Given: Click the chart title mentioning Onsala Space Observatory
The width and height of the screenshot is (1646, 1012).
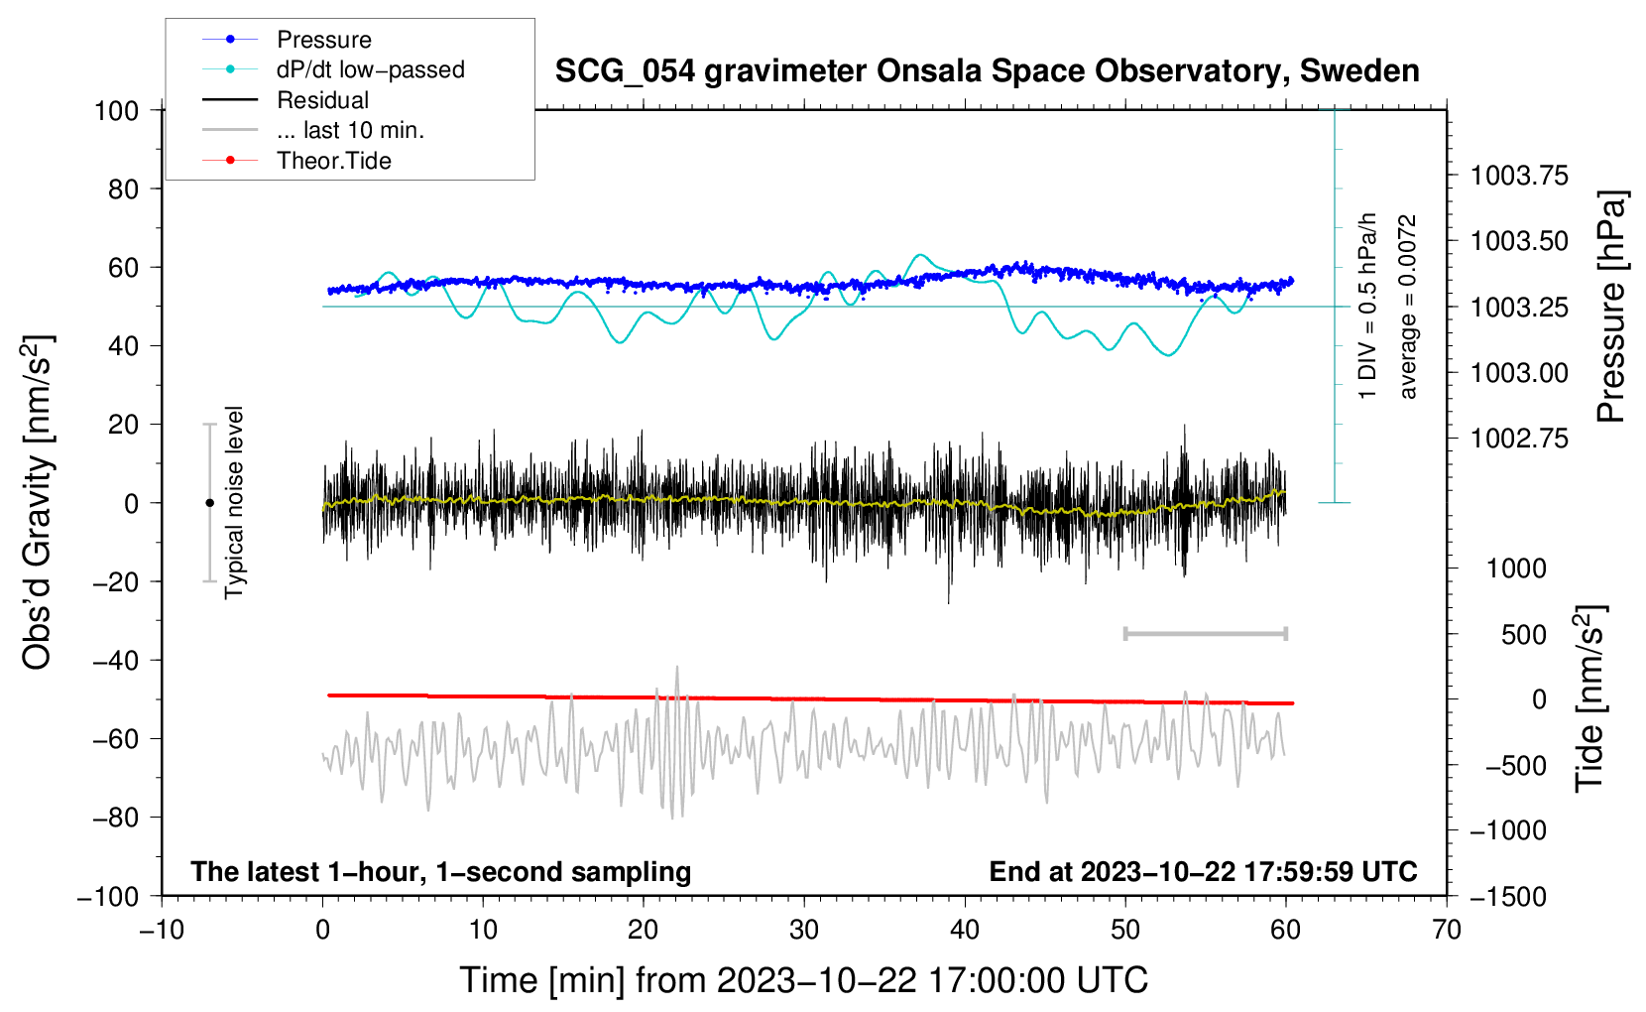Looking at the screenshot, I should [987, 71].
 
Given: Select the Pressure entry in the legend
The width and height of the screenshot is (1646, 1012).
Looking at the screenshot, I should [323, 40].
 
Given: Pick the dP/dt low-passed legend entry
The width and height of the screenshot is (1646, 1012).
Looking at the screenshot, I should [370, 69].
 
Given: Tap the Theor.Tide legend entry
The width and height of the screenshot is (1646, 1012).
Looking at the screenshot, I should [333, 161].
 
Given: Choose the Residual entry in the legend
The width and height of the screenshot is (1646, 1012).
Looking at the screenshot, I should [322, 100].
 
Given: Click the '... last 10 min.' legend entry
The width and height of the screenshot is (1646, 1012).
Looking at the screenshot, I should [350, 130].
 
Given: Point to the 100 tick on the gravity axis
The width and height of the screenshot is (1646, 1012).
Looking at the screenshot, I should [116, 110].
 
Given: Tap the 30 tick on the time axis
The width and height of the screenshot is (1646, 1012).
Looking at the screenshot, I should [804, 930].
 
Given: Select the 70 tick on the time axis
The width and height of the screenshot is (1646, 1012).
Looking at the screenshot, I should [1447, 930].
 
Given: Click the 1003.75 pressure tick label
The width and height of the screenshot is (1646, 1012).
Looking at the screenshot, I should [1519, 176].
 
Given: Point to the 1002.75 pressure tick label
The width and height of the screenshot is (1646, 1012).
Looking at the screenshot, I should [1519, 439].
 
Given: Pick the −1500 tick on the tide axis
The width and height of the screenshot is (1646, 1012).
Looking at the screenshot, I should [1508, 896].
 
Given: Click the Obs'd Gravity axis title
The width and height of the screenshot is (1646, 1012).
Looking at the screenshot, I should [38, 503].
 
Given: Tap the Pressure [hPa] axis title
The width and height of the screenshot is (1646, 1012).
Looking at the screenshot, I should [1611, 307].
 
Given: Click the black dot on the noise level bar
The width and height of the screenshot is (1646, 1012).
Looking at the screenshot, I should [209, 503].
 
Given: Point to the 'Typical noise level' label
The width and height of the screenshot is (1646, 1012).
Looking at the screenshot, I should [234, 503].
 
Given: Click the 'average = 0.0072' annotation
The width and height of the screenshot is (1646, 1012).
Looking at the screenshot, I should [1408, 307].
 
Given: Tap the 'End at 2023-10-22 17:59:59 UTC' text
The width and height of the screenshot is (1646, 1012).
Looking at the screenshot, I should [1203, 872].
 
